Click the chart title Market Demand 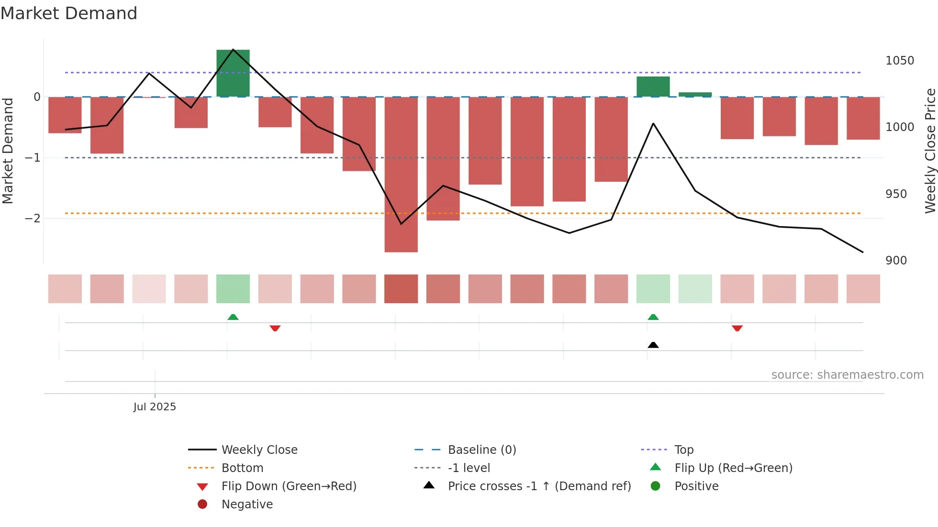click(x=69, y=13)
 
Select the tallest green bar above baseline click(x=233, y=73)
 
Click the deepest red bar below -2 click(x=401, y=174)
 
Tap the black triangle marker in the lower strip click(x=653, y=345)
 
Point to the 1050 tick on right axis click(x=900, y=61)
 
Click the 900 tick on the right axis click(x=896, y=261)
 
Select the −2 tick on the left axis click(x=33, y=219)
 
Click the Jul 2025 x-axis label click(x=155, y=406)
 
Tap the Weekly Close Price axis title click(x=930, y=151)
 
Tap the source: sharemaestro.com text click(x=847, y=374)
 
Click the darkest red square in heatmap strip click(x=401, y=289)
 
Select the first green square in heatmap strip click(x=233, y=289)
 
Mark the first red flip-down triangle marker click(x=275, y=328)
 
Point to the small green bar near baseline click(x=695, y=95)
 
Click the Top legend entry click(x=684, y=450)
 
